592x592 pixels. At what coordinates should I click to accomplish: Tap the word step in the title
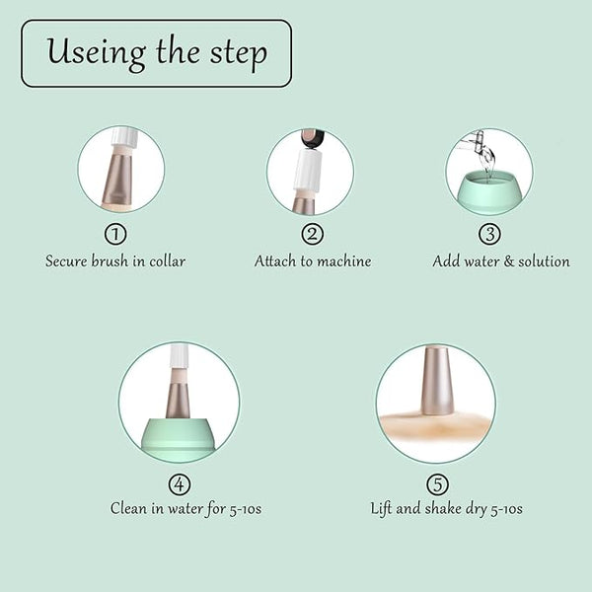pyautogui.click(x=239, y=54)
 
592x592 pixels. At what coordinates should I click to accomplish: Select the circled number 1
pyautogui.click(x=115, y=234)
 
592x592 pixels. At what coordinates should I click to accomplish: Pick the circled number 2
pyautogui.click(x=312, y=234)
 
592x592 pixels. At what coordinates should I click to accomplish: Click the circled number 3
pyautogui.click(x=489, y=234)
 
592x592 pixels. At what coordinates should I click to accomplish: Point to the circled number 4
pyautogui.click(x=180, y=484)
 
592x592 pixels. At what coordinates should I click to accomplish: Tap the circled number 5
pyautogui.click(x=437, y=484)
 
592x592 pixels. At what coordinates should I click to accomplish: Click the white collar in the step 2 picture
pyautogui.click(x=309, y=170)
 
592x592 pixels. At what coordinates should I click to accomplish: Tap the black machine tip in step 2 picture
pyautogui.click(x=312, y=139)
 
